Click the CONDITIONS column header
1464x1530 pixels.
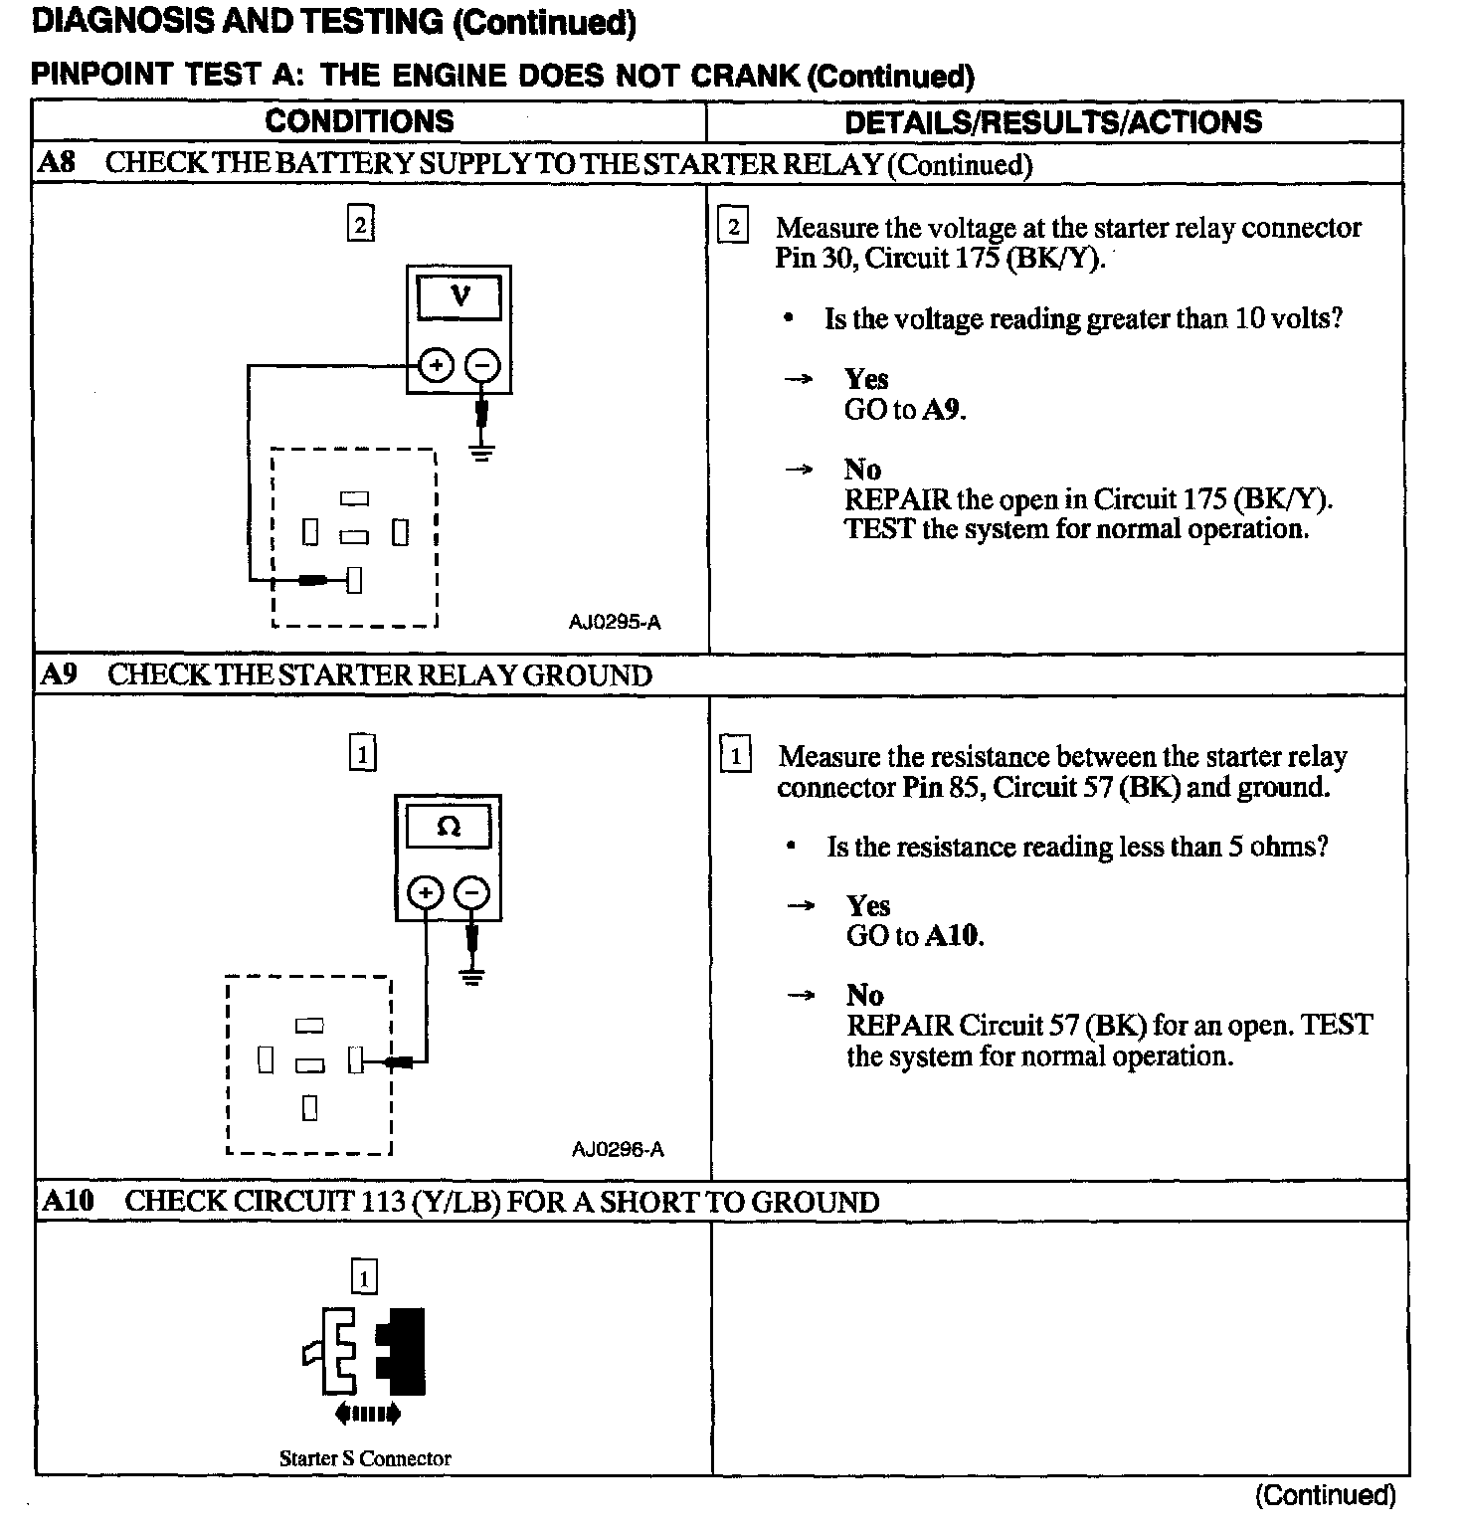(x=359, y=121)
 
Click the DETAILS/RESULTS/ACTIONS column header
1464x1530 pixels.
(x=1052, y=122)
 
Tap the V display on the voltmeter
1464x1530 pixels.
(x=459, y=296)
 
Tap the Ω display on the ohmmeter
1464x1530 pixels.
(x=449, y=827)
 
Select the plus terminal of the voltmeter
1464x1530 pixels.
(x=435, y=366)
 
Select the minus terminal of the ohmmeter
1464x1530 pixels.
(x=471, y=893)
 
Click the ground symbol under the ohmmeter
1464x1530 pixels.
(x=472, y=977)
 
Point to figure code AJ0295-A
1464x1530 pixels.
(x=615, y=623)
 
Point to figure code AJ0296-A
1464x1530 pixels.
(x=618, y=1150)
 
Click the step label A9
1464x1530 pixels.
(x=59, y=674)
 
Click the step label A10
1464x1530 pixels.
(x=68, y=1201)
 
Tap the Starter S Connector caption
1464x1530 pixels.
(x=365, y=1458)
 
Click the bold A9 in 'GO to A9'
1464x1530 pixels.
(x=943, y=410)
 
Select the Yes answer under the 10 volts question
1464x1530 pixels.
(x=866, y=379)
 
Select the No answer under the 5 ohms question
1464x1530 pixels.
(x=864, y=995)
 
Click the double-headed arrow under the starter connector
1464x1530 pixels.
(x=368, y=1413)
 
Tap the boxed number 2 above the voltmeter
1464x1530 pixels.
(x=360, y=225)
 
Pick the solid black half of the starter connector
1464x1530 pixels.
(x=403, y=1351)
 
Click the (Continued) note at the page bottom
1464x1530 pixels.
(x=1325, y=1495)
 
